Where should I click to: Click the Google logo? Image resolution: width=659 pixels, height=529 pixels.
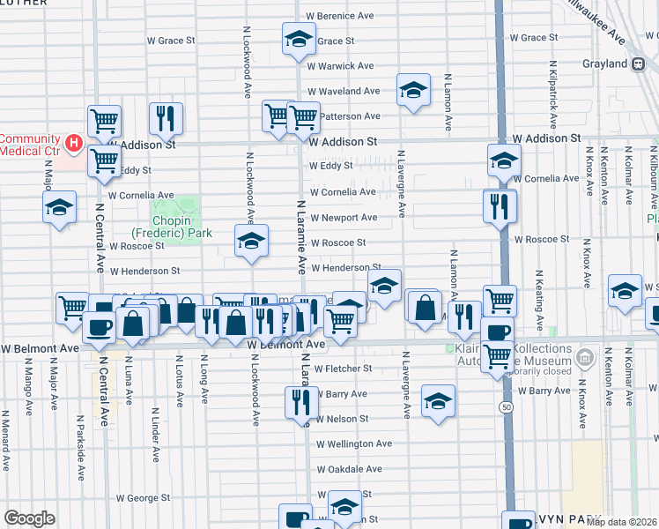click(29, 518)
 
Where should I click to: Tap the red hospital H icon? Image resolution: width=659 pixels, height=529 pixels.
click(74, 142)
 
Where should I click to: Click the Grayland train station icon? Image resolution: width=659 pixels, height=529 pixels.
click(638, 63)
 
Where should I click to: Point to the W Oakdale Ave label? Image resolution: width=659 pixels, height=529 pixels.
click(350, 470)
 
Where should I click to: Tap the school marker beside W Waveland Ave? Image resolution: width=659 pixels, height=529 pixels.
click(412, 90)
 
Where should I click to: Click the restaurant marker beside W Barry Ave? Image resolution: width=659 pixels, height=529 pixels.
click(301, 402)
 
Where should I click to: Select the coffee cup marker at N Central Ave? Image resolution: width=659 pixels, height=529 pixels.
click(98, 327)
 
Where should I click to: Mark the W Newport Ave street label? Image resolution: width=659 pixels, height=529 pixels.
click(343, 218)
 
